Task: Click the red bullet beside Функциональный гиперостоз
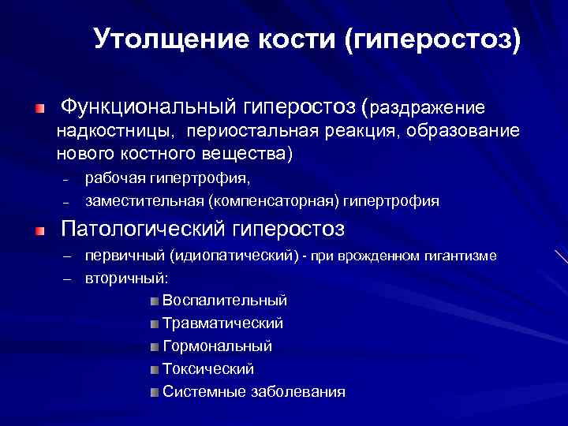coord(40,106)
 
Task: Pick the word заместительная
coord(145,201)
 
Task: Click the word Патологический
coord(144,230)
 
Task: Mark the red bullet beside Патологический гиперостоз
coord(40,231)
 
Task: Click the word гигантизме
coord(458,256)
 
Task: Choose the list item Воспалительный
coord(224,301)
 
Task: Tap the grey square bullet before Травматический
coord(153,323)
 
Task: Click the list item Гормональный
coord(217,346)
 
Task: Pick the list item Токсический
coord(207,368)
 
